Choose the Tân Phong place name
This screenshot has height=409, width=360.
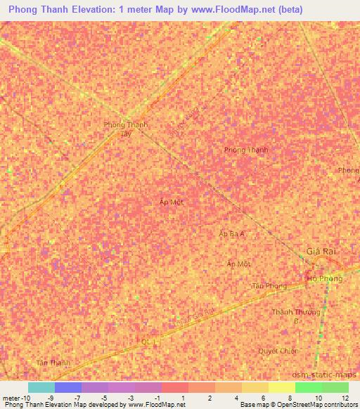[269, 286]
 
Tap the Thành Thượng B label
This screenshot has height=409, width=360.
[296, 316]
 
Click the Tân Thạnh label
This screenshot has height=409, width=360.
[53, 363]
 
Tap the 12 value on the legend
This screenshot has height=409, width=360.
[345, 398]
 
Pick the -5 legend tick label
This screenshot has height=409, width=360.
[104, 398]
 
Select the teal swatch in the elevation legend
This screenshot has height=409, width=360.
[41, 387]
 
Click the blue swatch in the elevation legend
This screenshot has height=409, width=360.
[68, 387]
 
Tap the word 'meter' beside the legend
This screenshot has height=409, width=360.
[11, 398]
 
